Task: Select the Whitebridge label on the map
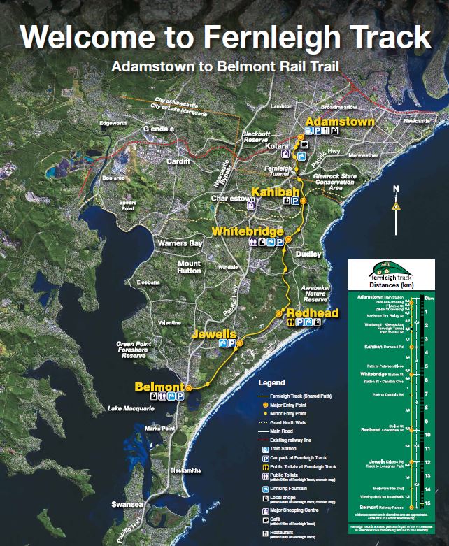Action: point(248,231)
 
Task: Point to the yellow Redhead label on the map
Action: point(312,312)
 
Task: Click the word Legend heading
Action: point(272,383)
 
